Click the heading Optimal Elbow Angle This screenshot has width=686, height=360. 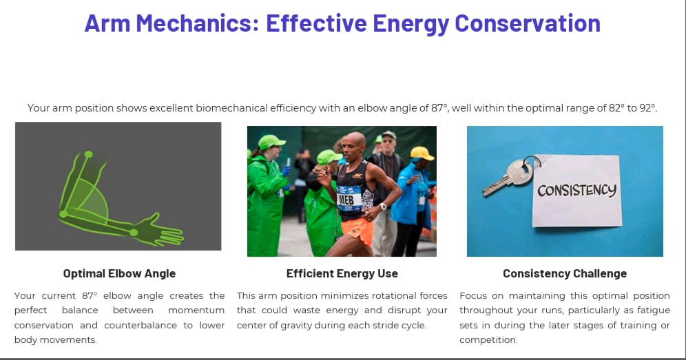click(119, 274)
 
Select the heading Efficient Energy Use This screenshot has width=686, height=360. click(342, 274)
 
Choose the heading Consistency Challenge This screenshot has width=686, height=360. click(565, 274)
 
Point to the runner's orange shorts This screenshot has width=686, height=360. click(358, 231)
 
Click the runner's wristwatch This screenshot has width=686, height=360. click(383, 207)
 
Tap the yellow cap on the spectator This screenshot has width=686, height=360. click(422, 153)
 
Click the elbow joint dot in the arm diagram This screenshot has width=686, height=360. click(63, 214)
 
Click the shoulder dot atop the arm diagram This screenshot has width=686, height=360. click(88, 154)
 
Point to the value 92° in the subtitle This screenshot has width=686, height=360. click(647, 108)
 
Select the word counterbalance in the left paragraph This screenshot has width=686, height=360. click(141, 325)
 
